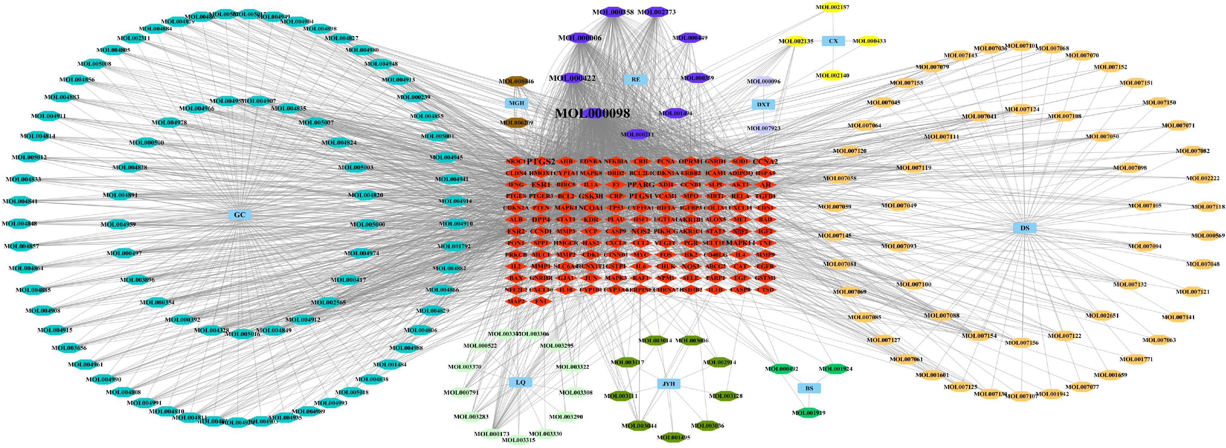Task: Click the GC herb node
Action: click(239, 215)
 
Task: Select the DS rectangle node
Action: click(1025, 228)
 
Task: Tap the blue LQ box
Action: click(520, 382)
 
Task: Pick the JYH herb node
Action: click(669, 384)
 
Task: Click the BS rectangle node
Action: click(809, 389)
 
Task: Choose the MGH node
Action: click(516, 103)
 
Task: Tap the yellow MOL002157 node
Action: click(832, 7)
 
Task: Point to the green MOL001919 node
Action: click(808, 413)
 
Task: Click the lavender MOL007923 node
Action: click(763, 128)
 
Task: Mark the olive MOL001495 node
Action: click(673, 437)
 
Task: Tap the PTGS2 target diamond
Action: click(541, 161)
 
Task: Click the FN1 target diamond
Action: click(541, 301)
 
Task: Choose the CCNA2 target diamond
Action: click(765, 161)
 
